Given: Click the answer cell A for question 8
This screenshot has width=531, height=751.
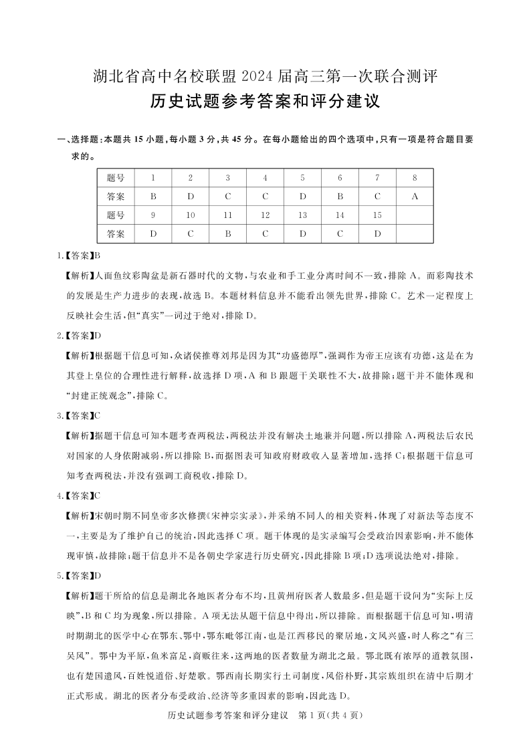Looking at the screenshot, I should pyautogui.click(x=415, y=197).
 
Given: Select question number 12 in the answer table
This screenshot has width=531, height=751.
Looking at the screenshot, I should pyautogui.click(x=265, y=215).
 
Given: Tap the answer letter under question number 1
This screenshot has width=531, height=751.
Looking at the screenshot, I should pyautogui.click(x=153, y=197).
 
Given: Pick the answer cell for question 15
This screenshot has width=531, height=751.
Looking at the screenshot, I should pyautogui.click(x=377, y=234).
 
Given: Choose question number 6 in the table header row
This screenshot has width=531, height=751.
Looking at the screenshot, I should pyautogui.click(x=340, y=178).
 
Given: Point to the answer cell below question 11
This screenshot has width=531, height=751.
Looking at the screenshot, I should pyautogui.click(x=228, y=234).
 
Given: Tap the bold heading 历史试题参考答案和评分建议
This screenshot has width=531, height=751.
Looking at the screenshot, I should pyautogui.click(x=265, y=102).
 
